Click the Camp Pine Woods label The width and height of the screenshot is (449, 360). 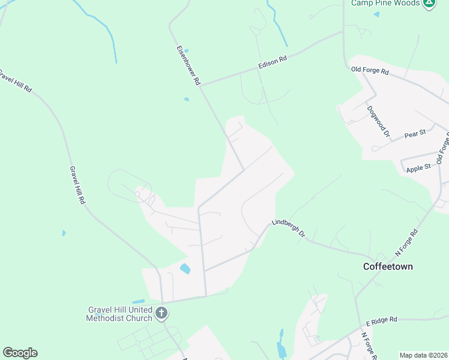[x=385, y=3]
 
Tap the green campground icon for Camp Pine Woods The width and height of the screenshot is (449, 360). [x=429, y=3]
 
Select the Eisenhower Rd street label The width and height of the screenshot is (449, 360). [x=188, y=65]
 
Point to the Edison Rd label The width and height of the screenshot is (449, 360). [x=273, y=62]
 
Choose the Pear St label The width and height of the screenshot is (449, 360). [x=415, y=133]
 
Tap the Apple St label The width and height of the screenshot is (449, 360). [x=418, y=167]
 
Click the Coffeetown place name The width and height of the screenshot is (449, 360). [x=388, y=266]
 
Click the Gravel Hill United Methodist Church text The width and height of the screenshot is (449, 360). [x=120, y=313]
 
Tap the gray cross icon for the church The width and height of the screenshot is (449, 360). [x=161, y=313]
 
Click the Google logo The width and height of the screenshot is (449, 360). [x=20, y=353]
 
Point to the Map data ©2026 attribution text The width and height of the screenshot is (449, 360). [x=423, y=355]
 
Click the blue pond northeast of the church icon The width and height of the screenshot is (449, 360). [x=185, y=269]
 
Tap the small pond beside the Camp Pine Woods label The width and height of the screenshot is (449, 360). [x=376, y=14]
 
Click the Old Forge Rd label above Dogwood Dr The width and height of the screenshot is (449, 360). [x=369, y=71]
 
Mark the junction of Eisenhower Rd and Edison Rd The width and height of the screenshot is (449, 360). [x=200, y=86]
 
